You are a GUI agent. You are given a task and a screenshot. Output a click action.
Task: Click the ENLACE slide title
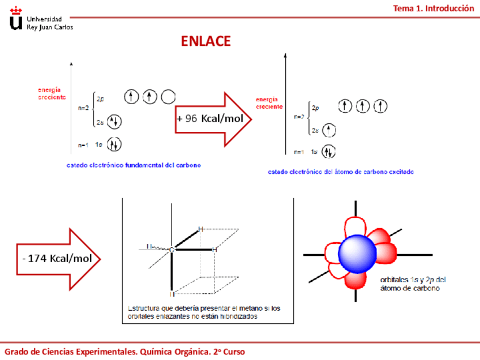pyautogui.click(x=205, y=41)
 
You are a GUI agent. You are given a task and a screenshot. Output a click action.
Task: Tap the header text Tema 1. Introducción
pyautogui.click(x=434, y=8)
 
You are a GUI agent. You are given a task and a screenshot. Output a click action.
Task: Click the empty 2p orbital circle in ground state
pyautogui.click(x=168, y=97)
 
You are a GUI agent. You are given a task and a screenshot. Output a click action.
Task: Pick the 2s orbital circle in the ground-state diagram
pyautogui.click(x=114, y=122)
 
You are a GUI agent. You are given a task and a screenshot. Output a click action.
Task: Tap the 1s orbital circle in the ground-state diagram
pyautogui.click(x=114, y=145)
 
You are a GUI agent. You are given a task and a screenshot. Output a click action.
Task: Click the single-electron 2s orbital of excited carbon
pyautogui.click(x=329, y=130)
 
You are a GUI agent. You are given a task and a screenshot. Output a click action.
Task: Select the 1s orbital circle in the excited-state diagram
pyautogui.click(x=329, y=152)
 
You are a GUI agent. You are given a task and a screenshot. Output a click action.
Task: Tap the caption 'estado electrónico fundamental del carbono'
pyautogui.click(x=134, y=165)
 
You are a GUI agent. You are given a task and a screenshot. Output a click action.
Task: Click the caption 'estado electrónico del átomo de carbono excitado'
pyautogui.click(x=340, y=172)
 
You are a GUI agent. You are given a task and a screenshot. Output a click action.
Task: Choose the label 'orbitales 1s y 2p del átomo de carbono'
pyautogui.click(x=413, y=284)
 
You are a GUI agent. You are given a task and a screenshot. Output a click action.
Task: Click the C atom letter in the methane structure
pyautogui.click(x=172, y=249)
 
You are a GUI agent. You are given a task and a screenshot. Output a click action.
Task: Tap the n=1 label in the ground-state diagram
pyautogui.click(x=83, y=145)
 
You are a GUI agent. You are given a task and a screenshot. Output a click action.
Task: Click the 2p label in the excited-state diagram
pyautogui.click(x=316, y=106)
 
